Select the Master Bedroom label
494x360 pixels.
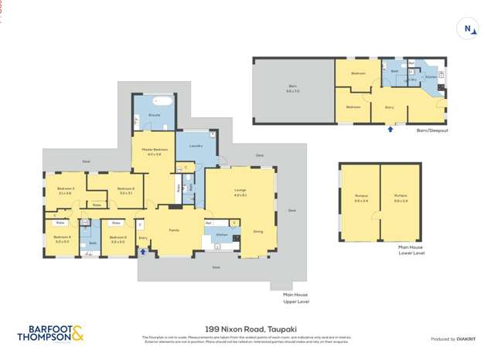[x=153, y=152]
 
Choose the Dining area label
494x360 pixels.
[x=257, y=231]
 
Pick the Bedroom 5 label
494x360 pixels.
[x=118, y=239]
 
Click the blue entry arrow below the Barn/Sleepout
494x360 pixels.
[x=390, y=129]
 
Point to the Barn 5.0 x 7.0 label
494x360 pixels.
[x=292, y=90]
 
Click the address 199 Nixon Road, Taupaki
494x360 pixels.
[x=247, y=328]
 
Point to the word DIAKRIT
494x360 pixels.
[x=465, y=339]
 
